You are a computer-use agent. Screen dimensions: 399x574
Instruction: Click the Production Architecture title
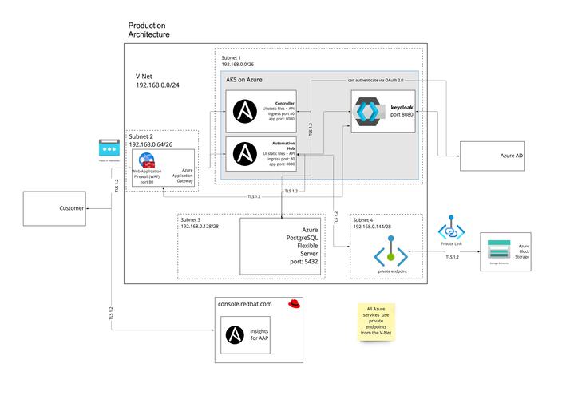pyautogui.click(x=149, y=30)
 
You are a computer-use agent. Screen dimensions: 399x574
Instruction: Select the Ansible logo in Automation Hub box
pyautogui.click(x=243, y=155)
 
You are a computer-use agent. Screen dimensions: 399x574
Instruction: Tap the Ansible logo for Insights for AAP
pyautogui.click(x=235, y=334)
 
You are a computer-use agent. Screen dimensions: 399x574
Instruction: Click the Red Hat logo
pyautogui.click(x=295, y=303)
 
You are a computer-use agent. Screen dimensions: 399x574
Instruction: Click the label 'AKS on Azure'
pyautogui.click(x=244, y=80)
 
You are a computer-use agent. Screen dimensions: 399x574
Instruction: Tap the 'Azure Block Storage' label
pyautogui.click(x=524, y=251)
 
